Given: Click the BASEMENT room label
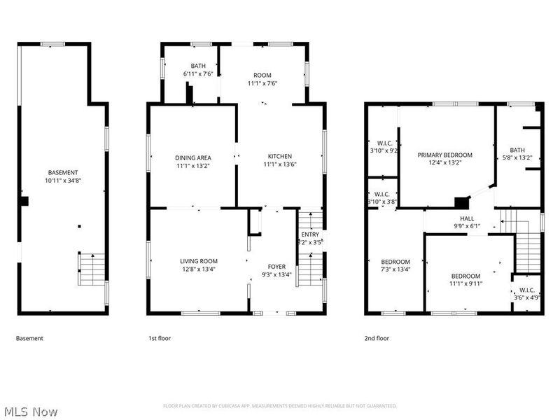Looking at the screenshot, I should pos(63,173).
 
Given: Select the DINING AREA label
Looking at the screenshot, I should pos(193,157).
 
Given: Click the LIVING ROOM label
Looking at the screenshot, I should pos(199,261).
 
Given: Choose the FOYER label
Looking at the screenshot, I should pos(277,267).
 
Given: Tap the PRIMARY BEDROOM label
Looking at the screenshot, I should pos(445,155).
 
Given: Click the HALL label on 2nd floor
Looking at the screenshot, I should pos(468,218).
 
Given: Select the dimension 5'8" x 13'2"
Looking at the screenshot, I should pos(517,157).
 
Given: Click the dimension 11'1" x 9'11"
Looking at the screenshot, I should pos(465,284).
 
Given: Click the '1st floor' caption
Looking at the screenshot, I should pos(159,338).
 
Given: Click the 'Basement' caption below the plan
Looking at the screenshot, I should pos(29,338).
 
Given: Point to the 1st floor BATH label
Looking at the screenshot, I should pos(199,66).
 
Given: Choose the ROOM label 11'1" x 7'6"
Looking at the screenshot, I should pos(262,75).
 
